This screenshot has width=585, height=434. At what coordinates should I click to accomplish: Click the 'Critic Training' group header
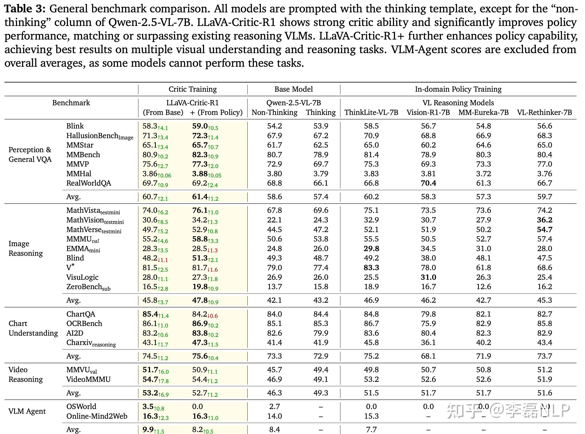click(192, 89)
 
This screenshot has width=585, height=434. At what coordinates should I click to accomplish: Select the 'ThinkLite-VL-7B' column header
click(371, 112)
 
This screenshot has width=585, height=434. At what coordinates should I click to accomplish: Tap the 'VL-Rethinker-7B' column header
click(544, 112)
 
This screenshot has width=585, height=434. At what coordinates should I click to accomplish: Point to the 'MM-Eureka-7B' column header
click(483, 112)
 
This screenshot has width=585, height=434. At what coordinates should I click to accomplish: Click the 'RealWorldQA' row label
click(88, 183)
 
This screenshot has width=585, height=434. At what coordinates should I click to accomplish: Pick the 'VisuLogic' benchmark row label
click(82, 277)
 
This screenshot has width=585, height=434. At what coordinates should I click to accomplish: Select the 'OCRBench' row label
click(84, 323)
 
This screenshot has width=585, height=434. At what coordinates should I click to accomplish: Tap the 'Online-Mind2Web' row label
click(97, 416)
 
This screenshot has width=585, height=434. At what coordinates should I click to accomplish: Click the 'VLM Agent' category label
click(27, 411)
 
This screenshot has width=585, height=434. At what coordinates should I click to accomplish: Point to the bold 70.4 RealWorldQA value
click(428, 183)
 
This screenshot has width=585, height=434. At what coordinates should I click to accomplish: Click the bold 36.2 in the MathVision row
click(544, 220)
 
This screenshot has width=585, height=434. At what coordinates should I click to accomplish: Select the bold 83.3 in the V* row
click(371, 268)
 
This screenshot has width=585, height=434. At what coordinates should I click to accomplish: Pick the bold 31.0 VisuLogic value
click(428, 277)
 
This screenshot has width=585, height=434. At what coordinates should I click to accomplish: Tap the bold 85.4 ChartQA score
click(150, 314)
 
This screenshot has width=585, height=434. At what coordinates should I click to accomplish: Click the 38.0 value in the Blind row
click(428, 258)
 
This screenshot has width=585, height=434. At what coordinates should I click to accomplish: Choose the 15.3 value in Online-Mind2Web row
click(371, 416)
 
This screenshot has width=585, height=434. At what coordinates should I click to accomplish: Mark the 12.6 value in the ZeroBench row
click(483, 287)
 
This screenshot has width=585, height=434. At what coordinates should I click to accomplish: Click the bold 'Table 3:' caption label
click(25, 9)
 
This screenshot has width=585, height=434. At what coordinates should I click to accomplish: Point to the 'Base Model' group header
click(293, 89)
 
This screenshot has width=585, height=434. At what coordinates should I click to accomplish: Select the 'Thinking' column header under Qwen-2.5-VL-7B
click(321, 112)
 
